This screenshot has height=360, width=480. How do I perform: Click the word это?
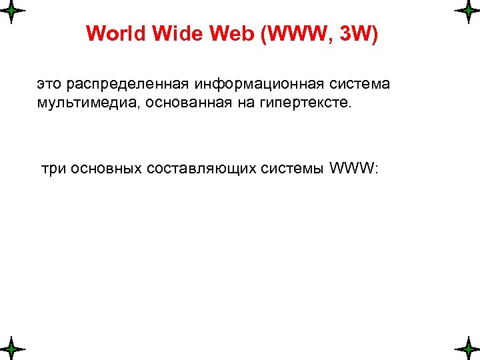click(49, 85)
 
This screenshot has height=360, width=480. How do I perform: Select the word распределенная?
click(127, 85)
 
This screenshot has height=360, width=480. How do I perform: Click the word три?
click(54, 169)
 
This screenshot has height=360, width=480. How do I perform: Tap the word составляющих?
click(202, 169)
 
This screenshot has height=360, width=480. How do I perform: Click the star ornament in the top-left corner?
click(11, 12)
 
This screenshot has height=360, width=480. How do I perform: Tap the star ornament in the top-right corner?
click(467, 12)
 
